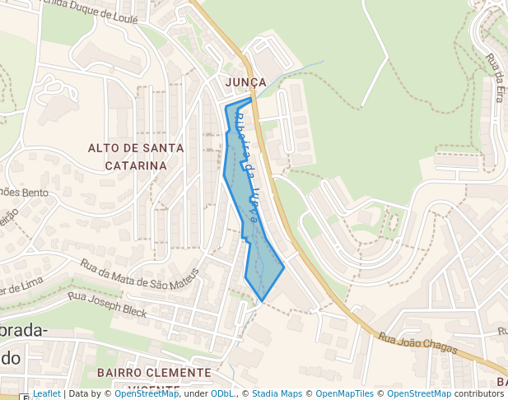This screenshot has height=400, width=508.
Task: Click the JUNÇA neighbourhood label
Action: [245, 82]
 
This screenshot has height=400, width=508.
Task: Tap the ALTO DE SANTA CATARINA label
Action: [136, 156]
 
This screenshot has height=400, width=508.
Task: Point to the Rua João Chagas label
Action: [417, 342]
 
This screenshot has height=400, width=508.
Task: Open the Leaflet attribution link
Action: [47, 394]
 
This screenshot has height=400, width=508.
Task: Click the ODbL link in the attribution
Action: [222, 394]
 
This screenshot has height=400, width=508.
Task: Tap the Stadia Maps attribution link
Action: [277, 394]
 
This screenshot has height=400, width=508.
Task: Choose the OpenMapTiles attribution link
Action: [346, 394]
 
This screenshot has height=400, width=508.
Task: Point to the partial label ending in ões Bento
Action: [24, 193]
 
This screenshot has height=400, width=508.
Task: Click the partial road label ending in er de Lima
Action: [21, 287]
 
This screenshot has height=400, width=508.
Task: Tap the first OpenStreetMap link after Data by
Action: [147, 394]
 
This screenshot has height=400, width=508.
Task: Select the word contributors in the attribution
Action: [478, 394]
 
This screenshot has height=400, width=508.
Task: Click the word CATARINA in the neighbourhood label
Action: [136, 165]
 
